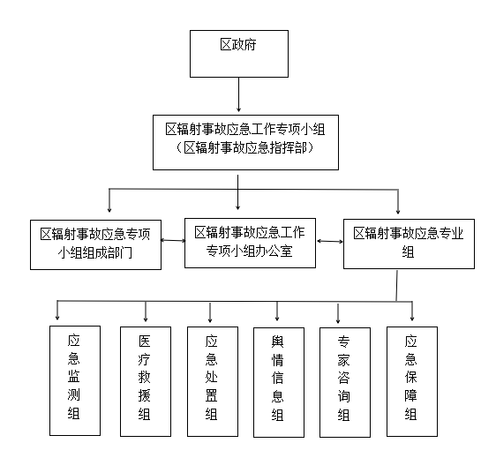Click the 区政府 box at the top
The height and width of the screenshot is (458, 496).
point(239,54)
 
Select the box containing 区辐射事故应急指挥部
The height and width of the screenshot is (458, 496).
point(245,142)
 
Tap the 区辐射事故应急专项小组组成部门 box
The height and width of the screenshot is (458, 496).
point(95,244)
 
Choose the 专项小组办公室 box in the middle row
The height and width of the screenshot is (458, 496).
point(250,243)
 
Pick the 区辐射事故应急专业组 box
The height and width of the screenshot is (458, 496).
point(409,244)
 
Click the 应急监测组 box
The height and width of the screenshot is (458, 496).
point(75,381)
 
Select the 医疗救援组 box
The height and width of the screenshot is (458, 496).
point(146,381)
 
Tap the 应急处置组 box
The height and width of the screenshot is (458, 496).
point(213,381)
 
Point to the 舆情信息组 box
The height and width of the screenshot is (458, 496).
point(279,382)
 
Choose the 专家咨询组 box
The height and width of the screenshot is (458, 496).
point(345,382)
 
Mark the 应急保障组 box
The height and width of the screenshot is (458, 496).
point(412,381)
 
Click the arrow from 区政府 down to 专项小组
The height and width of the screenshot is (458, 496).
point(238,94)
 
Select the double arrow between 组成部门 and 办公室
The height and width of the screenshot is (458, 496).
point(173,240)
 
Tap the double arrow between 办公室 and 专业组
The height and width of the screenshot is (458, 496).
point(329,241)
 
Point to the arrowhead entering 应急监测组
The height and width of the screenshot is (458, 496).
point(57,317)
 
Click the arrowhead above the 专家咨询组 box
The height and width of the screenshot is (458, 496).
point(338,320)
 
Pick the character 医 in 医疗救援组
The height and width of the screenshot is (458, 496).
point(144,342)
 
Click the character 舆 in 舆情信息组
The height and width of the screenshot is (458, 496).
point(277,342)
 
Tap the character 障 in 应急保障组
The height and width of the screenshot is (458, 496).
point(410,395)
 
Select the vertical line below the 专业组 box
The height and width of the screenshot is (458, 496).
point(396,285)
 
